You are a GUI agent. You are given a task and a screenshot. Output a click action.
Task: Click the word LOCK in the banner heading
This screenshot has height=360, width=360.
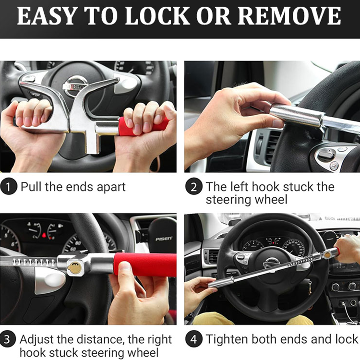[x=157, y=16]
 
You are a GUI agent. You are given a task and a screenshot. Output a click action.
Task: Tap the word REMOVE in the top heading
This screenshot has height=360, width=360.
[x=289, y=16]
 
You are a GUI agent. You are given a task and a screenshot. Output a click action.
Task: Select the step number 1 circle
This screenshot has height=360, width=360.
[x=9, y=186]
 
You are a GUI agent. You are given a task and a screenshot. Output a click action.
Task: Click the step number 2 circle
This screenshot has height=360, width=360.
[x=194, y=186]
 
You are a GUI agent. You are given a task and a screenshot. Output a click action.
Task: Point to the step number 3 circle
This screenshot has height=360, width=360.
[x=8, y=339]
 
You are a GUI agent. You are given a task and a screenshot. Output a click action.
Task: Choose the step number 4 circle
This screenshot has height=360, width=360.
[x=194, y=339]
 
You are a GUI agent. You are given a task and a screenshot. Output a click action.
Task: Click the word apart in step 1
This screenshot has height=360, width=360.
[x=111, y=187]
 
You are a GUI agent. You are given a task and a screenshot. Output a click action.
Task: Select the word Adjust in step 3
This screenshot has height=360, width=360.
[x=37, y=339]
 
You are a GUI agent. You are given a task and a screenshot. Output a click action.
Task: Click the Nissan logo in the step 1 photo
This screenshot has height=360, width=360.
[x=75, y=86]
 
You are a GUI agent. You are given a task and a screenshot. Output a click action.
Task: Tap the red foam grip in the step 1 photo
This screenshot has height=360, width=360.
[x=141, y=126]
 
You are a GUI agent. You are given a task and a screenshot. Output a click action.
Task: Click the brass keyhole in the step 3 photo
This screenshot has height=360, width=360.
[x=75, y=267]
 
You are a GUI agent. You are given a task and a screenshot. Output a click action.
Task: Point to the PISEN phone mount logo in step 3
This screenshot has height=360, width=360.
[x=164, y=239]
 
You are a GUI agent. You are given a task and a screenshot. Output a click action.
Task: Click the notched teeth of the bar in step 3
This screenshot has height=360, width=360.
[x=34, y=262]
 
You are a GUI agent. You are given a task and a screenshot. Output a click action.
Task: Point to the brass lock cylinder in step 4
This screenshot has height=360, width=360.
[x=327, y=255]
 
